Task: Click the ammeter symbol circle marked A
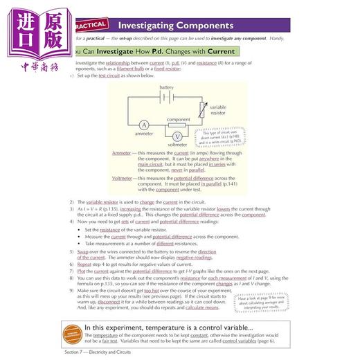tap(144, 125)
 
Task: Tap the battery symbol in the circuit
tap(166, 98)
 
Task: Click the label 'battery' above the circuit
tap(166, 88)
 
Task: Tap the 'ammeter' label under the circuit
tap(144, 136)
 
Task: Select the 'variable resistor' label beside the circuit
tap(221, 111)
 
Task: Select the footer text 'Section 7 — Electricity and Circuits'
tap(105, 354)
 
